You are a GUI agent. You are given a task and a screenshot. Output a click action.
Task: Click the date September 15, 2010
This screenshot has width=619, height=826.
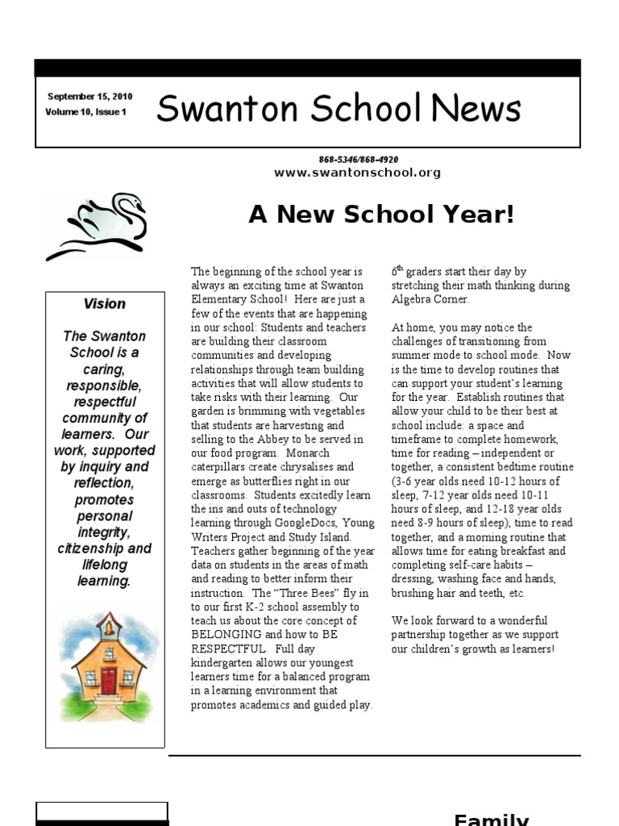click(x=89, y=97)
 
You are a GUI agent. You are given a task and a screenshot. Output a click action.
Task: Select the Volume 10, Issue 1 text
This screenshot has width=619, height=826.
click(x=86, y=112)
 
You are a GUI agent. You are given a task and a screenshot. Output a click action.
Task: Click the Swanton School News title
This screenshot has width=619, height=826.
click(x=339, y=108)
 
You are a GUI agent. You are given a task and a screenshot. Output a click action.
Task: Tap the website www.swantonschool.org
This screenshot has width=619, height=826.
click(x=357, y=173)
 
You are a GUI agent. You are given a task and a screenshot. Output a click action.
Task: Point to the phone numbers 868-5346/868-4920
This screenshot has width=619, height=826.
click(x=358, y=160)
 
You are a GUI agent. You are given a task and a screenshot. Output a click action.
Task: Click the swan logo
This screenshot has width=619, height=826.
click(x=98, y=223)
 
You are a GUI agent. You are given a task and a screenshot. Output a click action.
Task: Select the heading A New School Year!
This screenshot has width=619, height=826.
click(x=380, y=215)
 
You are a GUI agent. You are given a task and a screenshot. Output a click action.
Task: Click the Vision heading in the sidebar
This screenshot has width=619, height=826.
click(x=105, y=304)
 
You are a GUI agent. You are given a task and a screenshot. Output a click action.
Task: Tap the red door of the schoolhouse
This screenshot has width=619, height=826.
click(x=109, y=680)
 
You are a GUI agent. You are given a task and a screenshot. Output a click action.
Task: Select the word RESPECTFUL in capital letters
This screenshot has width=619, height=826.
click(x=226, y=649)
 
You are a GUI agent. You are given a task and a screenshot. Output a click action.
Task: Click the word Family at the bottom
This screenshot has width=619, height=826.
click(x=491, y=819)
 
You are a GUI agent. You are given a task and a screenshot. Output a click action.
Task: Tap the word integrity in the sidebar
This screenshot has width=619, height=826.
click(x=105, y=532)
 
